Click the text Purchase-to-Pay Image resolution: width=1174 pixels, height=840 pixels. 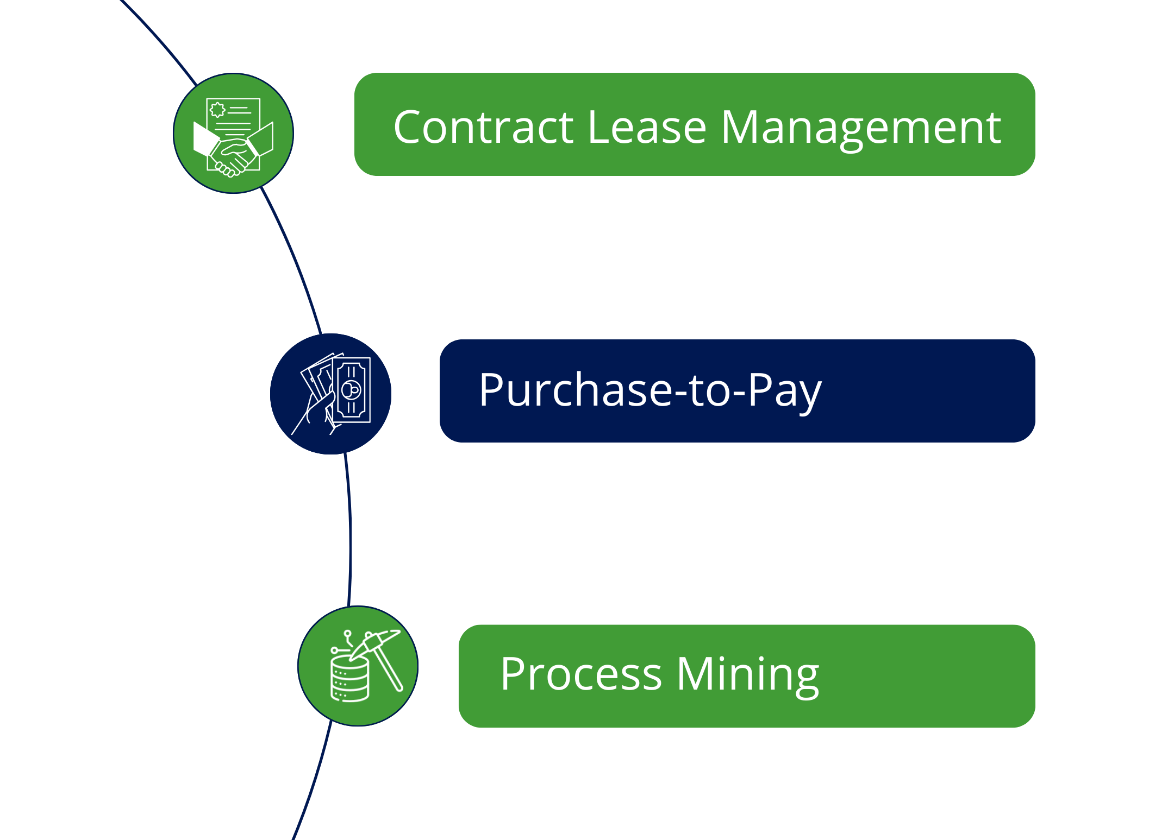point(650,390)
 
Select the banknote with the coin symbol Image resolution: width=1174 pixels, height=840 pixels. point(352,389)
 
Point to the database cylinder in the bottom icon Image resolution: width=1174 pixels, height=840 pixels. point(349,679)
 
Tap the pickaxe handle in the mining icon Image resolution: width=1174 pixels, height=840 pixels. point(390,673)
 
